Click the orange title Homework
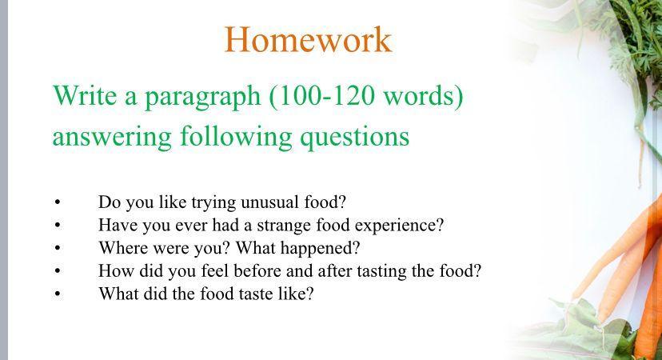(x=308, y=39)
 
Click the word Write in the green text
(x=85, y=95)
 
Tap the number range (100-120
(x=321, y=96)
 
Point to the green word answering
(x=112, y=138)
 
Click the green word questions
(x=355, y=138)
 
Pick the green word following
(x=236, y=137)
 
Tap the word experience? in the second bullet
(x=400, y=226)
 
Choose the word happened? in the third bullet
(x=320, y=249)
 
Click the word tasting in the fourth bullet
(x=381, y=272)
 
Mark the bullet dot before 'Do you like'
(x=58, y=202)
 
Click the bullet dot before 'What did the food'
(x=58, y=294)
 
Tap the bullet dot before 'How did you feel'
(x=58, y=271)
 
